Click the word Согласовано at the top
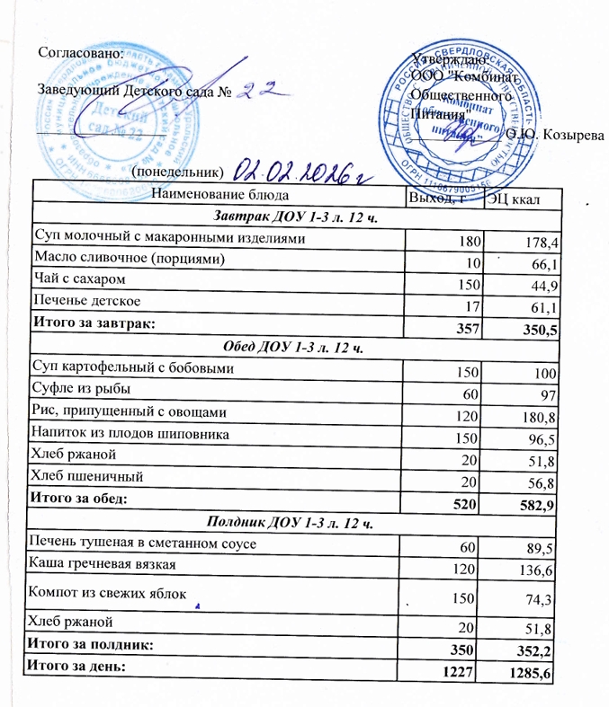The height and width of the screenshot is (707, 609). click(x=78, y=52)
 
